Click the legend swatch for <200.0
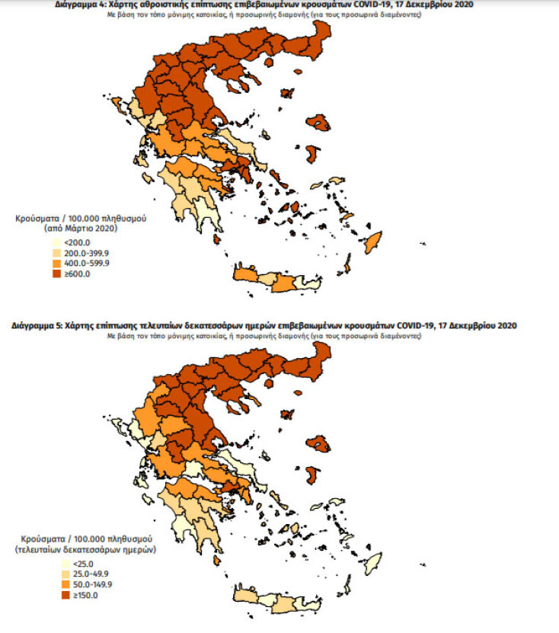tap(56, 243)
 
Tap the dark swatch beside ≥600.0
tap(56, 273)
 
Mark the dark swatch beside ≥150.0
tap(56, 595)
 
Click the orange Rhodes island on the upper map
tap(373, 244)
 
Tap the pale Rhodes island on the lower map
tap(373, 564)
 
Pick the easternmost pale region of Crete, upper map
tap(303, 283)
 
